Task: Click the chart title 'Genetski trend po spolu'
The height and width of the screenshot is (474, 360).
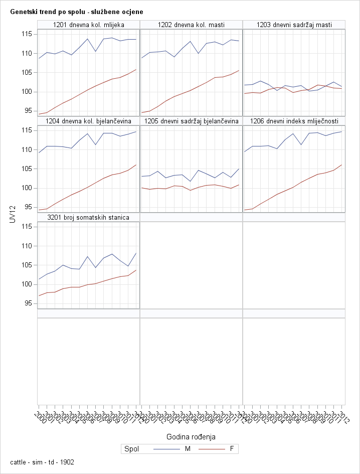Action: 76,11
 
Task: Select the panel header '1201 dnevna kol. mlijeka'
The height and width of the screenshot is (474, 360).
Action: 88,25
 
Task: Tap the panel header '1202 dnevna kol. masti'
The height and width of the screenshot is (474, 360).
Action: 191,25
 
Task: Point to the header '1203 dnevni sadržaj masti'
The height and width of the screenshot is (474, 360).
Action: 294,25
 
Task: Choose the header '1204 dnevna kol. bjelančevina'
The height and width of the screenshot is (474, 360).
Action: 88,121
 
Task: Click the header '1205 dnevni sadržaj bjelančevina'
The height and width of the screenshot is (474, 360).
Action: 191,121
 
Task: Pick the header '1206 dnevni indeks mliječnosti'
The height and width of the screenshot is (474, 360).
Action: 294,121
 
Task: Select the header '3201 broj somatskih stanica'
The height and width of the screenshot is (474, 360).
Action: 88,217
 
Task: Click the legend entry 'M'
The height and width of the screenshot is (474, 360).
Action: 188,449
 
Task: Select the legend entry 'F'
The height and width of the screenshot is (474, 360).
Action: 231,449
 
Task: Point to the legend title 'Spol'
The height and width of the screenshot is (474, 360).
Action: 131,449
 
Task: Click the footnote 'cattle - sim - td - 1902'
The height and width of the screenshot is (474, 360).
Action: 42,462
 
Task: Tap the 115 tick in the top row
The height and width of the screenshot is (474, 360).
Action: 27,34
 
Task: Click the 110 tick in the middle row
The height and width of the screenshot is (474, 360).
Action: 27,149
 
